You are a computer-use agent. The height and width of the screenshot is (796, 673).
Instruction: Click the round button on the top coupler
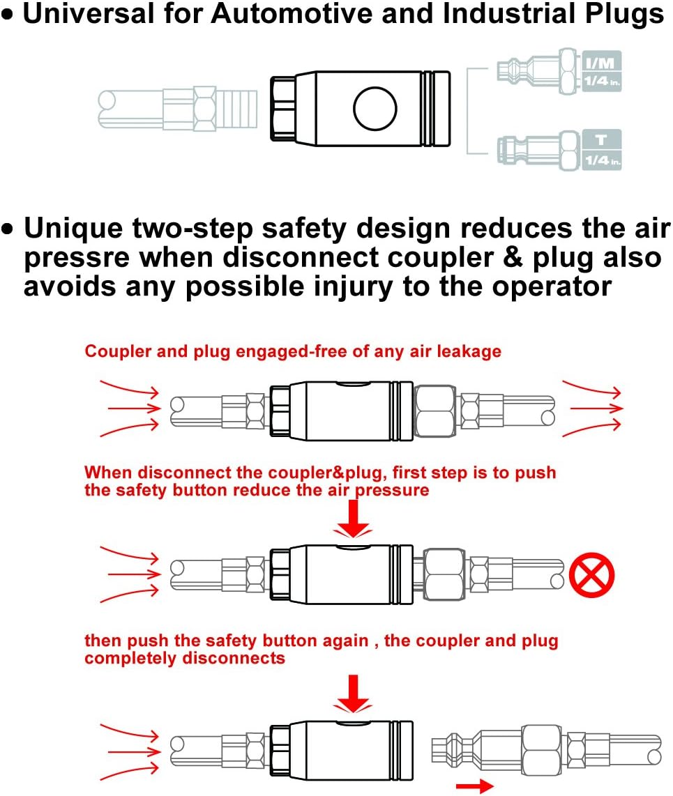click(x=375, y=108)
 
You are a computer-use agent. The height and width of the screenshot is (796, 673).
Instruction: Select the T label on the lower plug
click(x=599, y=140)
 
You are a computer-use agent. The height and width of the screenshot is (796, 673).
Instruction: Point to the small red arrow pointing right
click(x=478, y=786)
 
